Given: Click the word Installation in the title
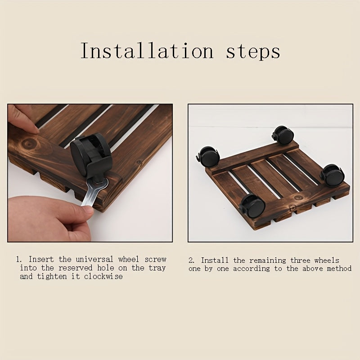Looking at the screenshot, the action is [x=147, y=50].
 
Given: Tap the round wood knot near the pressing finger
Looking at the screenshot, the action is [x=29, y=144].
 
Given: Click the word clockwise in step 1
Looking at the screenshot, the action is [x=103, y=276].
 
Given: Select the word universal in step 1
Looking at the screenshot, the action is [x=94, y=259].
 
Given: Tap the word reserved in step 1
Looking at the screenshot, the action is [x=75, y=268].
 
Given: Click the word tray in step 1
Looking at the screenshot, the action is [x=157, y=268].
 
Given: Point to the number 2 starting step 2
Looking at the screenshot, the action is [x=191, y=261].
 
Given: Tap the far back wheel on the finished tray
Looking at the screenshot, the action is [x=283, y=135].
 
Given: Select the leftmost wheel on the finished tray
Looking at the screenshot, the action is [x=208, y=156].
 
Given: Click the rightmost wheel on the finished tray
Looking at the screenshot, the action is [x=332, y=175].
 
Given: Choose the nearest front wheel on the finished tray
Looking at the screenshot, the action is [x=252, y=206].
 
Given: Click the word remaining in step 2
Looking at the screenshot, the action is [x=268, y=261].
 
